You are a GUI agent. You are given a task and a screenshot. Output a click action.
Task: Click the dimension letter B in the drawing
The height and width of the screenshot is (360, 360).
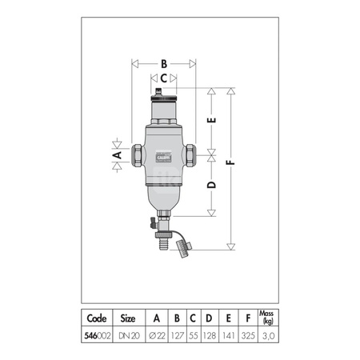(163, 62)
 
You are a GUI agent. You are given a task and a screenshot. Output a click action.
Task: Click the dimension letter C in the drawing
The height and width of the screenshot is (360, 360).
(163, 78)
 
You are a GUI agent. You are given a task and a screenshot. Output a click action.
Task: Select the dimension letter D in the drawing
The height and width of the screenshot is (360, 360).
(211, 185)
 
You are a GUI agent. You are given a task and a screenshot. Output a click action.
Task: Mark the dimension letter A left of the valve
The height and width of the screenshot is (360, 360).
(117, 152)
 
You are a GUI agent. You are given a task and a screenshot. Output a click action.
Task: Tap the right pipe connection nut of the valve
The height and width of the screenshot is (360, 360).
(193, 154)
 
